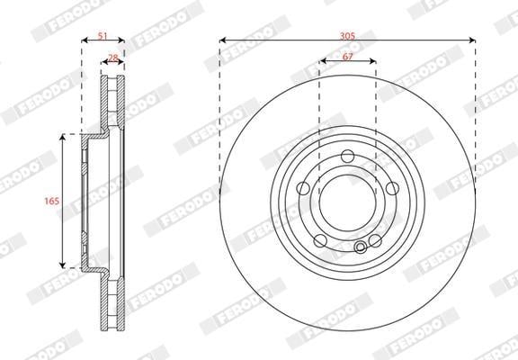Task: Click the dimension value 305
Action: pyautogui.click(x=347, y=35)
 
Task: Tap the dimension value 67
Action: pyautogui.click(x=347, y=57)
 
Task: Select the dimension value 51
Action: pyautogui.click(x=103, y=35)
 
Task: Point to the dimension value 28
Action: pyautogui.click(x=113, y=58)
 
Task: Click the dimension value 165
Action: pyautogui.click(x=52, y=201)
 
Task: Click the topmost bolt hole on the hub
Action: pyautogui.click(x=347, y=156)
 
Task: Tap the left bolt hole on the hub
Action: pyautogui.click(x=303, y=188)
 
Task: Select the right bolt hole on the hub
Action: pyautogui.click(x=392, y=188)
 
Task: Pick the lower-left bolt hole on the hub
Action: pyautogui.click(x=320, y=240)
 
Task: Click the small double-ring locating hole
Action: pyautogui.click(x=360, y=247)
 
